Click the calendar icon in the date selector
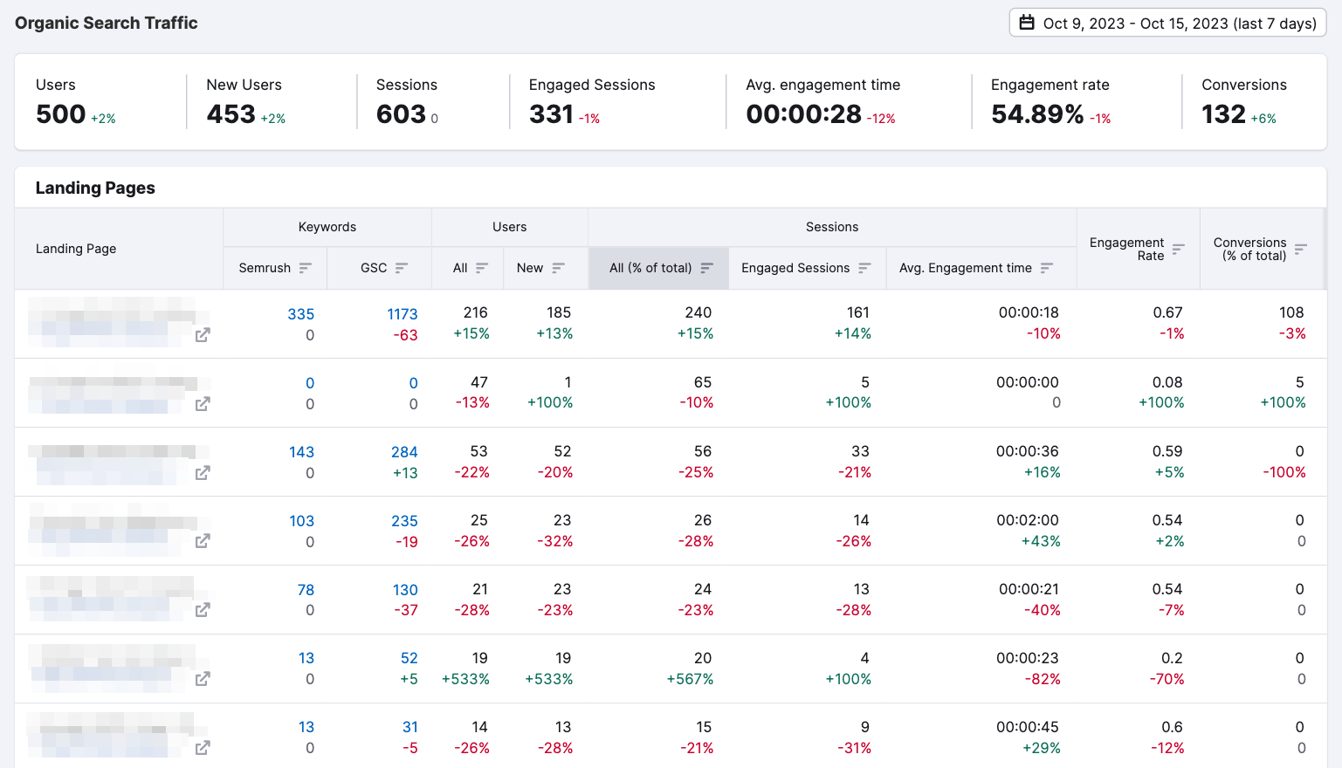point(1028,24)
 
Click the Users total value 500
point(61,114)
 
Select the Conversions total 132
point(1223,114)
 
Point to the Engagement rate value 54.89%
point(1037,114)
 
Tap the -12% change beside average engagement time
point(881,119)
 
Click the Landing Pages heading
point(95,188)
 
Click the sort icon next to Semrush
point(305,268)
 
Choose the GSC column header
point(374,268)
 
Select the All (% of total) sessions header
point(650,268)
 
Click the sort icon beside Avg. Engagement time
point(1047,268)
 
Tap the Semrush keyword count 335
point(300,314)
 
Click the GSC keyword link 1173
point(402,314)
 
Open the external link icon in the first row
point(203,335)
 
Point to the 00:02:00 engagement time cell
point(1027,520)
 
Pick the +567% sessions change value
point(690,679)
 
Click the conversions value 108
point(1290,312)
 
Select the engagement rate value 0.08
point(1167,382)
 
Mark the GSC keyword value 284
point(404,452)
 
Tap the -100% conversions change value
point(1284,472)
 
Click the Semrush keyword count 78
point(306,590)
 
